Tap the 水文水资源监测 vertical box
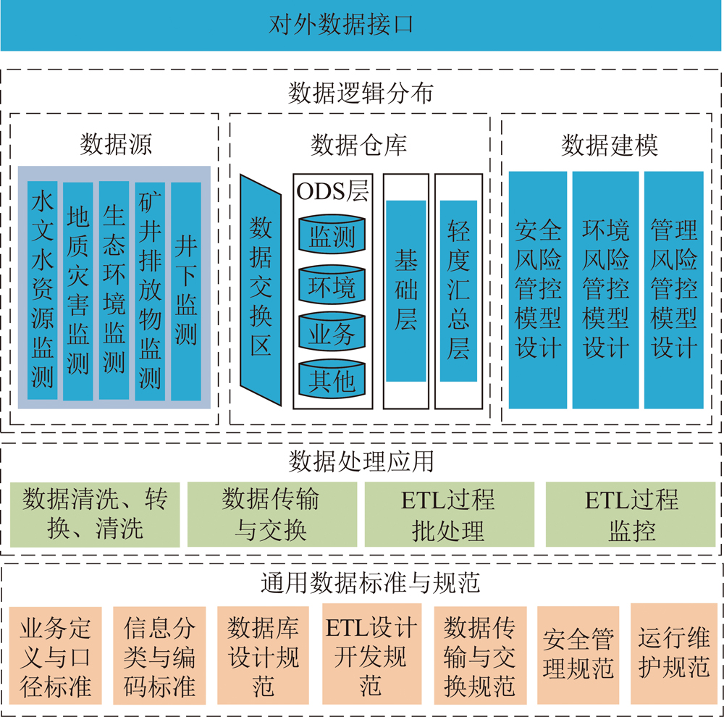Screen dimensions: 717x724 tap(43, 290)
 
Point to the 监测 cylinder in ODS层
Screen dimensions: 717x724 tap(332, 235)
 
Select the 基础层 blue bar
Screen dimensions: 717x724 tap(406, 290)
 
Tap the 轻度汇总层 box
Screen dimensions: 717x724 tap(458, 290)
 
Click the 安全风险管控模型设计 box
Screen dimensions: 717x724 tap(538, 290)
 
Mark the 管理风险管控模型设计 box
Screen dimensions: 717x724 tap(674, 290)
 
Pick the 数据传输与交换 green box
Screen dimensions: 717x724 tap(271, 514)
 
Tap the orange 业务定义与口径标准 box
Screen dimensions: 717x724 tap(56, 656)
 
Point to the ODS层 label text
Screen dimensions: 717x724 tap(332, 191)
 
